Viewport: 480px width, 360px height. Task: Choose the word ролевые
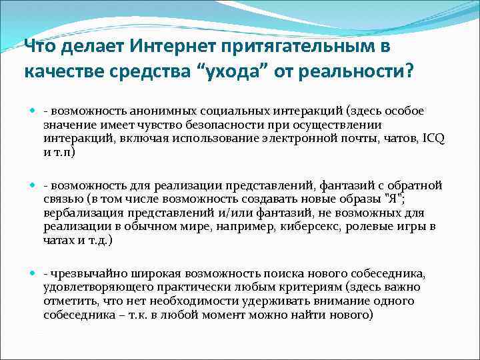point(379,227)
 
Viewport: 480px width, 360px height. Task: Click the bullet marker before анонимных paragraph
point(32,111)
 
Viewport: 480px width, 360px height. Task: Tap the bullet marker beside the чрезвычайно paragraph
point(32,274)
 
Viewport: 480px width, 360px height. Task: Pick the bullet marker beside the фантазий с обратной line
point(32,185)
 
